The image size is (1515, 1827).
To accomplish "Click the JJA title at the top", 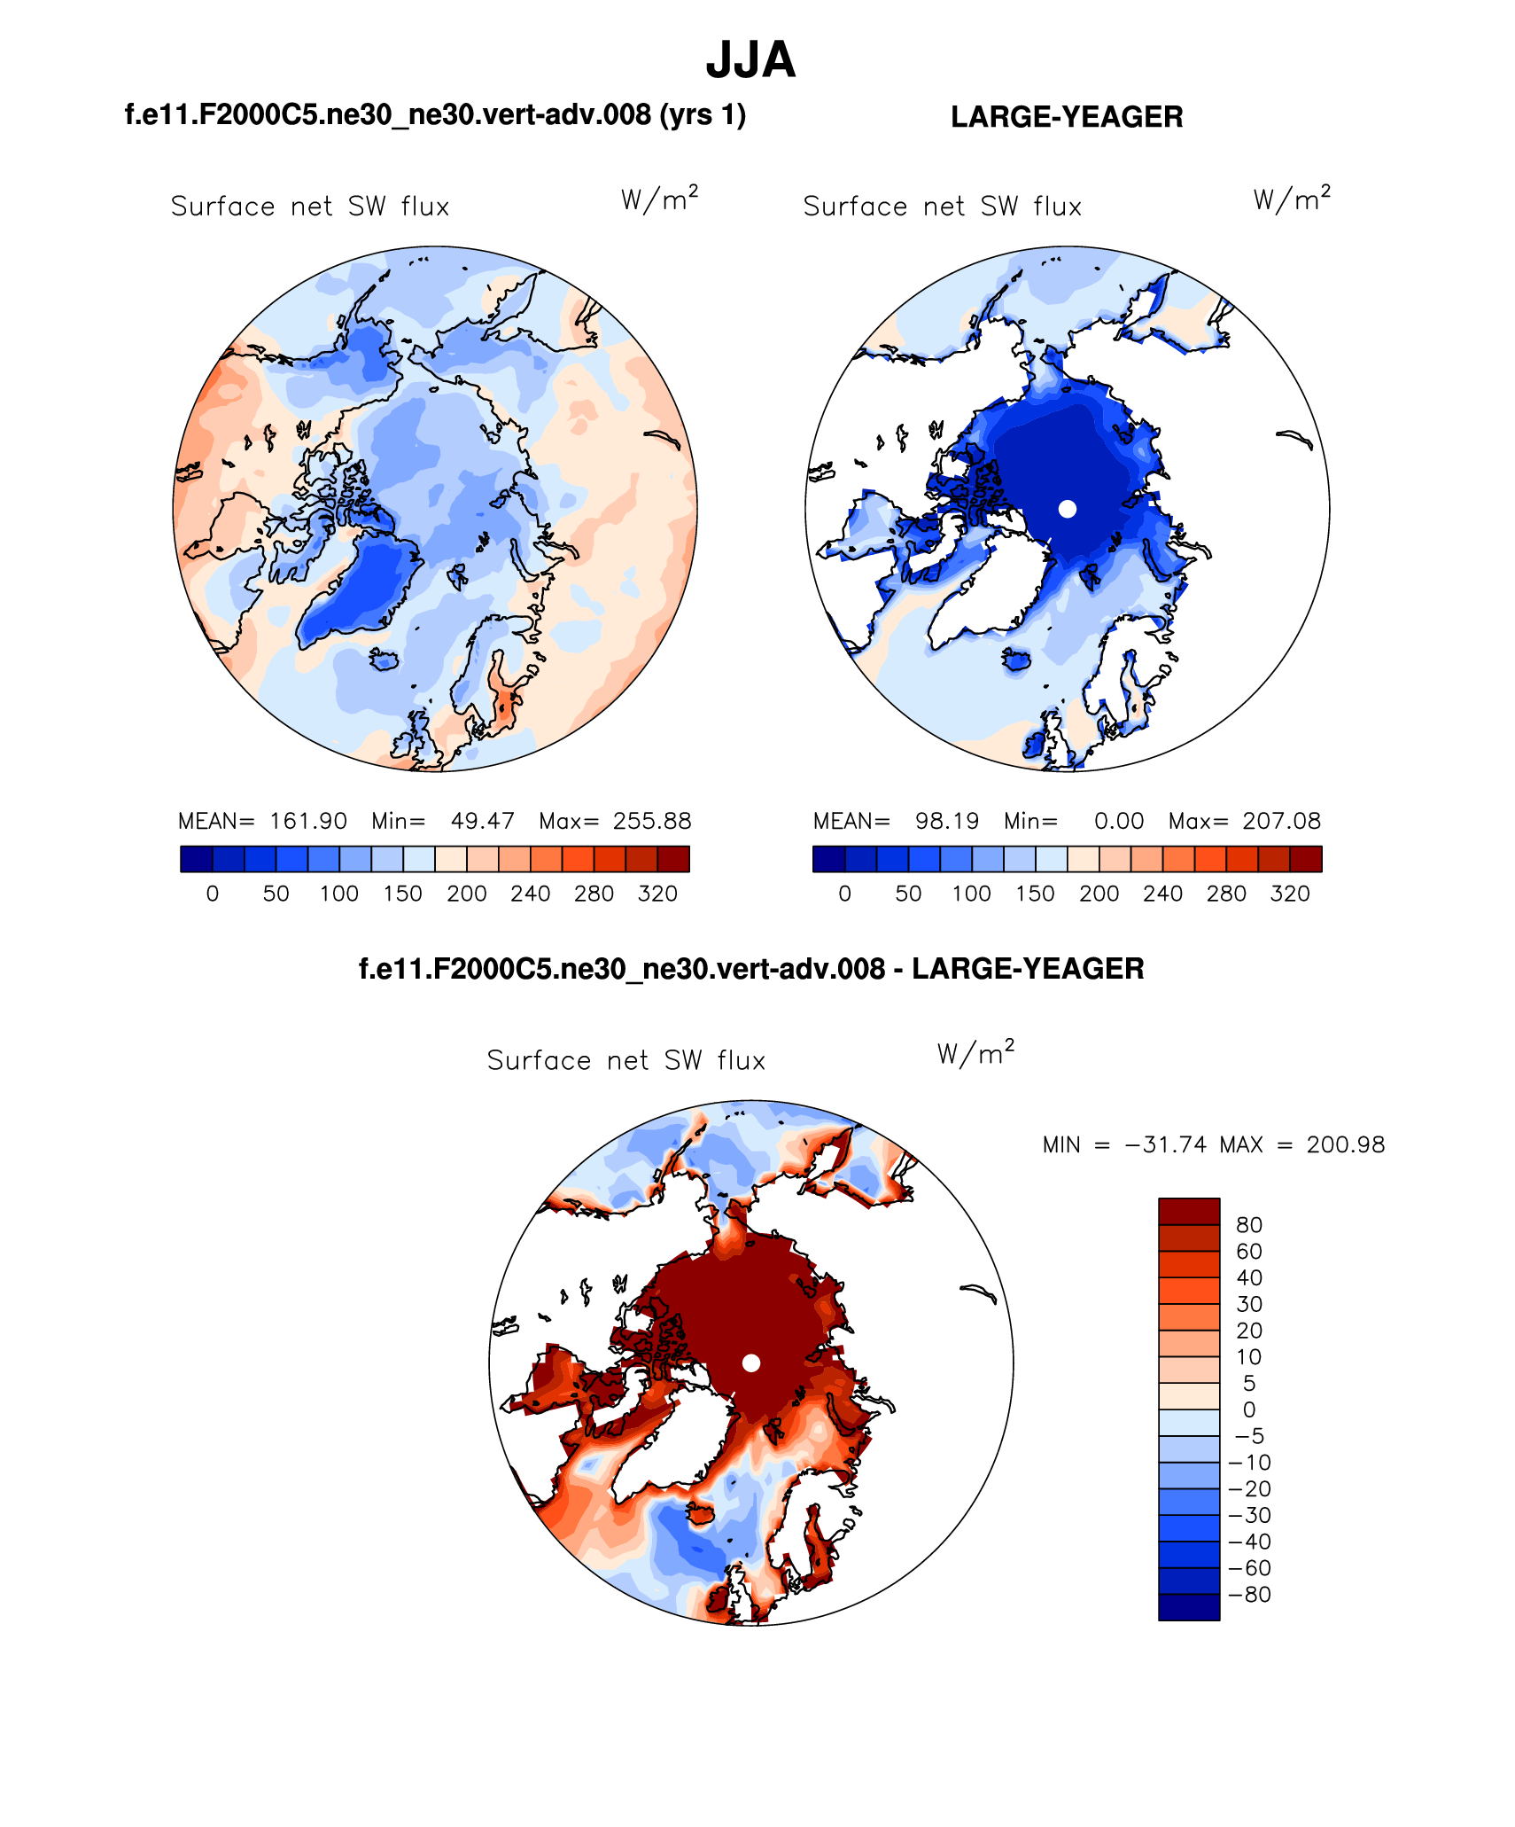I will pos(750,60).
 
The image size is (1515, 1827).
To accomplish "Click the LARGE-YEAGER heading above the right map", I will pos(1067,117).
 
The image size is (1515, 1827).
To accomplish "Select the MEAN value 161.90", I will pos(308,821).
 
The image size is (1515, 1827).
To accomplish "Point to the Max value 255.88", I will pos(652,821).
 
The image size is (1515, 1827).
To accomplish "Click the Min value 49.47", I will pos(482,821).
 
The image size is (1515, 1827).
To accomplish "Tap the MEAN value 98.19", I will pos(947,821).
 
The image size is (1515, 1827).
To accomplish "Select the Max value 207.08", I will pos(1281,821).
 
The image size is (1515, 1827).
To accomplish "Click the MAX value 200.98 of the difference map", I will pos(1345,1144).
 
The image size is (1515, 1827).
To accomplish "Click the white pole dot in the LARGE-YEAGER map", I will pos(1068,509).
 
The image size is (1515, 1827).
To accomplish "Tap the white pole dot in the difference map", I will pos(751,1362).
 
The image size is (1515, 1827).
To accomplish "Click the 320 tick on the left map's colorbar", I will pos(657,894).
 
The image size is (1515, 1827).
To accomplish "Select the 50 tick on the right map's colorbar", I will pos(908,894).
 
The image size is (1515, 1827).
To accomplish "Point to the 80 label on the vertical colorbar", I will pos(1249,1224).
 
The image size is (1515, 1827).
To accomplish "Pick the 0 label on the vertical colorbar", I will pos(1249,1409).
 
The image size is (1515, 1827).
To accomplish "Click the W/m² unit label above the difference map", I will pos(975,1052).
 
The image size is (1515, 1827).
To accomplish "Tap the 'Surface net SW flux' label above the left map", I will pos(310,207).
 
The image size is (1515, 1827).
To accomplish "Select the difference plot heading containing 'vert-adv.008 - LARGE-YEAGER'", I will pos(751,969).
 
